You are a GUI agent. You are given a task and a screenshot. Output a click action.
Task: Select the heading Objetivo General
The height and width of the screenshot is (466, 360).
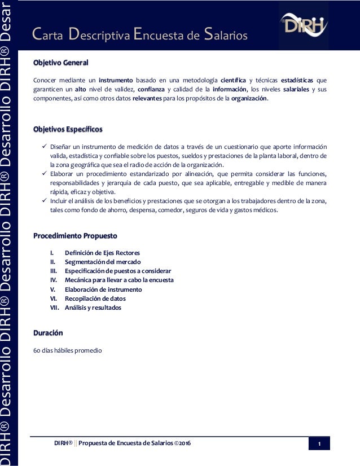[61, 62]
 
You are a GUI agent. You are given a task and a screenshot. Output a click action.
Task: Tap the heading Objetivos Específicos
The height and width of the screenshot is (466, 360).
[68, 129]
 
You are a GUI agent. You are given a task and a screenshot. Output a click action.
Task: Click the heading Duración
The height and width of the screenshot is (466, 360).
[48, 333]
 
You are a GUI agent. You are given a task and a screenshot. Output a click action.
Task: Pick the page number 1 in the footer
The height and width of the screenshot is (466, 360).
[319, 444]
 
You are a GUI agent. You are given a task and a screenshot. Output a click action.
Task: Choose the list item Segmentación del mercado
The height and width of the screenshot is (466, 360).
[103, 262]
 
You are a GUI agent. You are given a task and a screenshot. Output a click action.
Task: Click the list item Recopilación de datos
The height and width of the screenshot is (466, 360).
[95, 298]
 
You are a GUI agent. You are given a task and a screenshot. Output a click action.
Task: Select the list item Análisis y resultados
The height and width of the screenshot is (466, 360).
[93, 307]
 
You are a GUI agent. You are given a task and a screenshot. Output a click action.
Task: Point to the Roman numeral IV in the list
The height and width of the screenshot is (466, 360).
[54, 280]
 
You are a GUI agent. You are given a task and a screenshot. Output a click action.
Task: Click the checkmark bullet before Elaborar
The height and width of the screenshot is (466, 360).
[38, 174]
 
